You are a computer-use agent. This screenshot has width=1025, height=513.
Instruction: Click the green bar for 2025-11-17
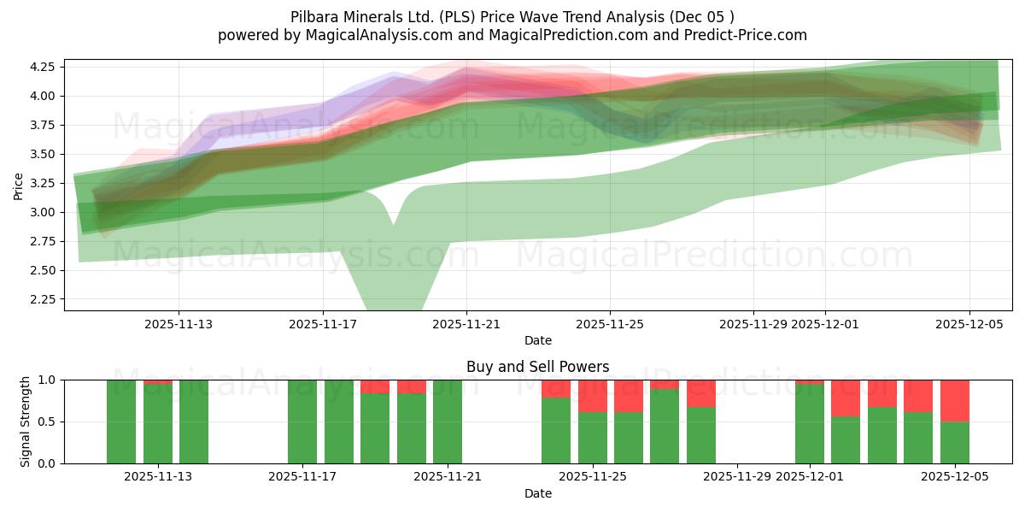point(302,422)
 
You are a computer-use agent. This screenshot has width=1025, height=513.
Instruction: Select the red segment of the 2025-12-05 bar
point(954,400)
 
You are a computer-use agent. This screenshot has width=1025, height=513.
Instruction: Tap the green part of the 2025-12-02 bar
point(846,440)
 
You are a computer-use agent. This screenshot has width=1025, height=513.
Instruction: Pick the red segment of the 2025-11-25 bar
point(592,396)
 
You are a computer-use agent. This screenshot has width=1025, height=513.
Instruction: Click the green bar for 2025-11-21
point(448,422)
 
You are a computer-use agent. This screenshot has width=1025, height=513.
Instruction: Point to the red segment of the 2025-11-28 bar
point(701,393)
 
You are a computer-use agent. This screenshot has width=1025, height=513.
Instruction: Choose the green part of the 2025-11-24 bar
point(556,431)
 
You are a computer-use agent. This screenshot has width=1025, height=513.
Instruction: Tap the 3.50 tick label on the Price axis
point(42,154)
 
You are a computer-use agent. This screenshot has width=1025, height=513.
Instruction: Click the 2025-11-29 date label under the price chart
point(753,325)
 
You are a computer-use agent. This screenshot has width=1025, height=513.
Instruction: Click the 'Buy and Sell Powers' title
point(537,367)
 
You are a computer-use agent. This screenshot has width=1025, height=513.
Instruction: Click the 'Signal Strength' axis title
point(26,422)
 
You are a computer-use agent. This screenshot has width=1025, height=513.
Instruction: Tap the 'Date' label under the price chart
point(537,340)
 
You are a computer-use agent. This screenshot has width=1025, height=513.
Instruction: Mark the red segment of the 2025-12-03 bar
point(881,393)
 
